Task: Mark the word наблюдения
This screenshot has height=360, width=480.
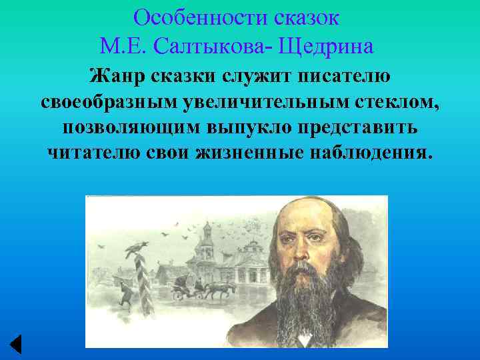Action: point(369,152)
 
